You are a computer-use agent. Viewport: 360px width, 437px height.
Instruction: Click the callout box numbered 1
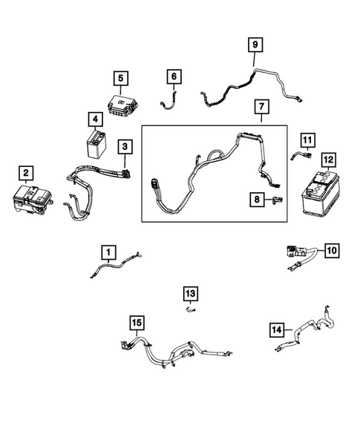[109, 253]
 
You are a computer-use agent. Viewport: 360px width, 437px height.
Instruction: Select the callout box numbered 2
[26, 174]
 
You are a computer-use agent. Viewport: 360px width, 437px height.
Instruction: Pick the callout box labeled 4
[94, 119]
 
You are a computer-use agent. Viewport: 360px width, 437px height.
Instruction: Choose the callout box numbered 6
[173, 76]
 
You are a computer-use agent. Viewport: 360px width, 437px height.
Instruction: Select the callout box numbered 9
[255, 46]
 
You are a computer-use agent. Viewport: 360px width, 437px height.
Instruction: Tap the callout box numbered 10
[331, 251]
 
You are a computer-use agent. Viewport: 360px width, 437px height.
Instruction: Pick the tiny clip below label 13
[190, 311]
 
